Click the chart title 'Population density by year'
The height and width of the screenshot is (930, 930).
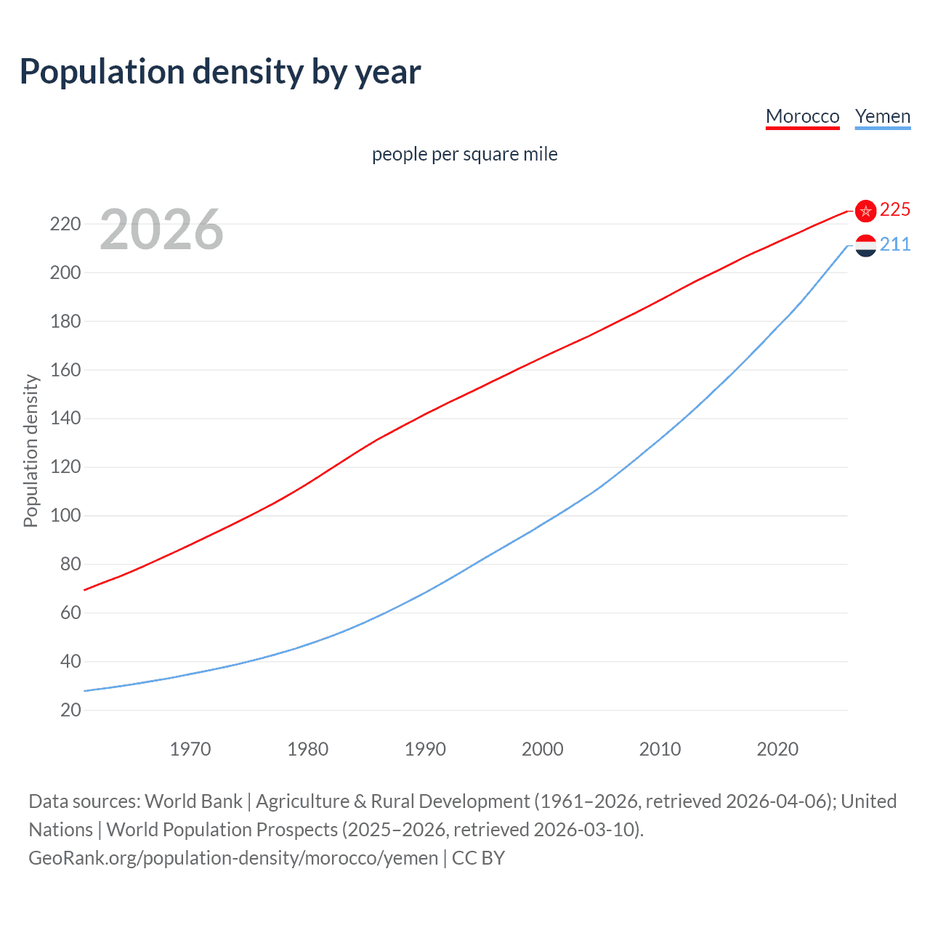pyautogui.click(x=220, y=72)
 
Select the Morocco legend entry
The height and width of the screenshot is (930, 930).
pyautogui.click(x=802, y=116)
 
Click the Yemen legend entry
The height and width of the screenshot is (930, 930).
pyautogui.click(x=882, y=116)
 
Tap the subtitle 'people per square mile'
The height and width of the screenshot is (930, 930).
pyautogui.click(x=464, y=154)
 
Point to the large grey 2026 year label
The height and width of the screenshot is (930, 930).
pyautogui.click(x=161, y=230)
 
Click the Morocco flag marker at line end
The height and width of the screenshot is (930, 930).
pyautogui.click(x=865, y=211)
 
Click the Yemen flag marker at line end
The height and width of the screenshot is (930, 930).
pyautogui.click(x=865, y=246)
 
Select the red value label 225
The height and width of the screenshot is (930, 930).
pyautogui.click(x=894, y=210)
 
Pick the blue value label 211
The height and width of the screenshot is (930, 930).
pyautogui.click(x=894, y=245)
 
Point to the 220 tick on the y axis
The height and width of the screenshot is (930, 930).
pyautogui.click(x=65, y=224)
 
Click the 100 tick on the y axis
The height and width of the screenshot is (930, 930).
pyautogui.click(x=65, y=516)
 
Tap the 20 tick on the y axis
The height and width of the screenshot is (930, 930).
pyautogui.click(x=70, y=710)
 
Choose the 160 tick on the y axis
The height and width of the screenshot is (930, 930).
pyautogui.click(x=65, y=370)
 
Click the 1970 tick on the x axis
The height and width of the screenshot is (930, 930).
pyautogui.click(x=190, y=749)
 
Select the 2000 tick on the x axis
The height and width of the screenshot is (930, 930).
pyautogui.click(x=543, y=749)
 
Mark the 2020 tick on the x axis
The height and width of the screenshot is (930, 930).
pyautogui.click(x=777, y=749)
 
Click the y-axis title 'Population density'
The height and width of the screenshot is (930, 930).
pyautogui.click(x=31, y=450)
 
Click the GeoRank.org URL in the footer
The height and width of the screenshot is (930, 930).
pyautogui.click(x=233, y=858)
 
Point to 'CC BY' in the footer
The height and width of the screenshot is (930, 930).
pyautogui.click(x=478, y=858)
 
